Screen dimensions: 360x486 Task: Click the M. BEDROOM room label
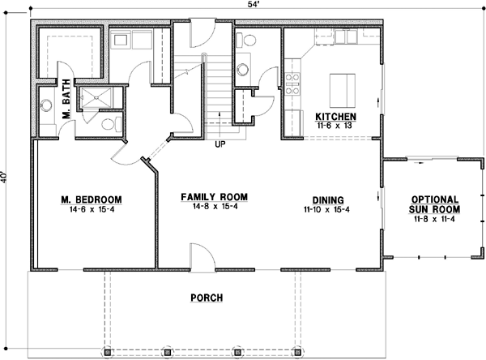[x=91, y=199]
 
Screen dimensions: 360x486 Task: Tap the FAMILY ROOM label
[x=214, y=197]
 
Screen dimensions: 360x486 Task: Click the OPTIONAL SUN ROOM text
[x=435, y=204]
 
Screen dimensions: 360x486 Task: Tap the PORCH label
[x=207, y=298]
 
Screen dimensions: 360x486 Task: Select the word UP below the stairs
[x=220, y=146]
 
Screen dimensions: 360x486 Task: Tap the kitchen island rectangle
[x=341, y=85]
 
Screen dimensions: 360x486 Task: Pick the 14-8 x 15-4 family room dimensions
[x=214, y=208]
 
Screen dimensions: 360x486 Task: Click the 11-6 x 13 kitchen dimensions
[x=336, y=126]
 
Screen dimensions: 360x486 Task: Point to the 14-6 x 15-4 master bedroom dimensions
[x=91, y=209]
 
